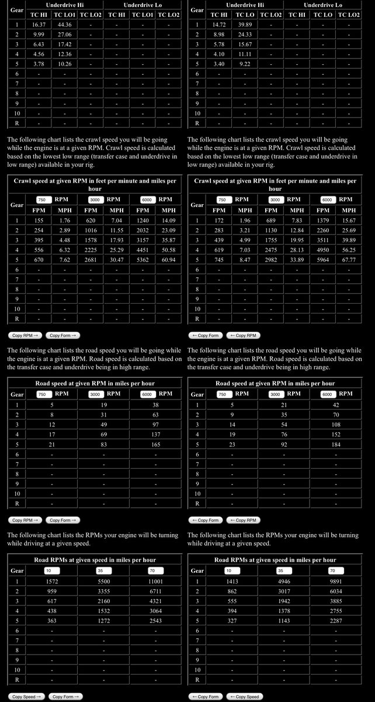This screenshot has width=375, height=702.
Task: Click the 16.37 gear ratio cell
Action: point(39,25)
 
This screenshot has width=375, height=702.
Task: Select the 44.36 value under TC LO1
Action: point(65,25)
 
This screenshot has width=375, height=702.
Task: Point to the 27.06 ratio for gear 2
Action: point(65,34)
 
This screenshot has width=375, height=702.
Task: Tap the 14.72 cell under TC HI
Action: point(219,25)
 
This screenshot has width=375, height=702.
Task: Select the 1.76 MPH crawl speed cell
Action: point(65,221)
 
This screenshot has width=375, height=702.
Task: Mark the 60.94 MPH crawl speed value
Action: point(168,260)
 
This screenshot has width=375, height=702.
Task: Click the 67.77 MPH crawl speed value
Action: point(349,260)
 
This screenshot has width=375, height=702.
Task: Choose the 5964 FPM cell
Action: point(323,260)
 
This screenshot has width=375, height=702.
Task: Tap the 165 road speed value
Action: point(155,443)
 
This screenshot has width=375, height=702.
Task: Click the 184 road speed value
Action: point(336,443)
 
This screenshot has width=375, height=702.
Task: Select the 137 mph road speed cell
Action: point(155,433)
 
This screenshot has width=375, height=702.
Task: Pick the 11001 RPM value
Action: point(155,581)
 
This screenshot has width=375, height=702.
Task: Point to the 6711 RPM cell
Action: point(155,591)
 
